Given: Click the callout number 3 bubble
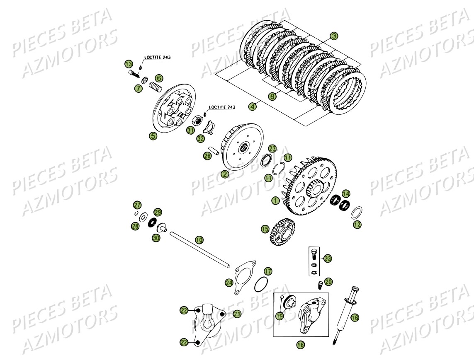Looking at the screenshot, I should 334,36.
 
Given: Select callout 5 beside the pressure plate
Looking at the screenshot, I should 153,135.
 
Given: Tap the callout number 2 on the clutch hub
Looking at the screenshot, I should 225,174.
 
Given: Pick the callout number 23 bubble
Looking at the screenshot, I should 272,148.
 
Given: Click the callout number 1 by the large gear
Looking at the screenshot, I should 275,201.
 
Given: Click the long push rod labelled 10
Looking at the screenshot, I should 199,249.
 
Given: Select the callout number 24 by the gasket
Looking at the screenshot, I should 229,283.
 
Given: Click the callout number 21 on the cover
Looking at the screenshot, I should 237,314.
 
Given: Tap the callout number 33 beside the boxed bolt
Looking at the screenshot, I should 328,259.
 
